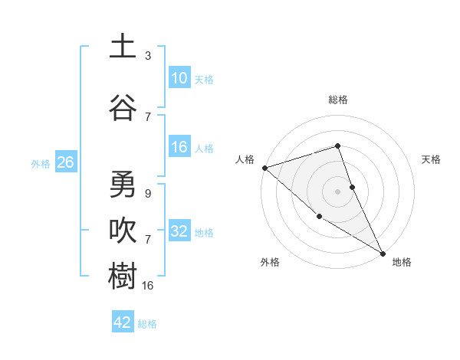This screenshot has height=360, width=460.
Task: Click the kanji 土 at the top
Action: point(123,47)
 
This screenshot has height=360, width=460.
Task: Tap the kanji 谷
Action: point(123,107)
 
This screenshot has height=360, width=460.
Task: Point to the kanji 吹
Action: point(123,230)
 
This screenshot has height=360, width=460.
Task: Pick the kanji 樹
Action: point(123,276)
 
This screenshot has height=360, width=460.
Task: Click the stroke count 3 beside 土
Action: point(148,55)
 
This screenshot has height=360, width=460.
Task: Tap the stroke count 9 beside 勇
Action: point(148,194)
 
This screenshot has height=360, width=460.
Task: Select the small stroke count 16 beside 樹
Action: point(149,285)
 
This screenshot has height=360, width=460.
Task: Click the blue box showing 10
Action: point(179,78)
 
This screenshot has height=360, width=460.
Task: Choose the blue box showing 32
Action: point(179,231)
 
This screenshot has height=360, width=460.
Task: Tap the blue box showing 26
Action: point(65,162)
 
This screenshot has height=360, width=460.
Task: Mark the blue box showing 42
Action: point(123,322)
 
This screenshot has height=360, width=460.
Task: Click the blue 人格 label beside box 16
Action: point(204,149)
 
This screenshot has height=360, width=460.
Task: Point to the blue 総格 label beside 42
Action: point(147,324)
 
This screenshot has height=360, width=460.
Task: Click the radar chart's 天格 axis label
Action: point(432,159)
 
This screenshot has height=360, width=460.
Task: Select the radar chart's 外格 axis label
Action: point(270,262)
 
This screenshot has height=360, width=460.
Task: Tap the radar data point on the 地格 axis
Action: point(383,253)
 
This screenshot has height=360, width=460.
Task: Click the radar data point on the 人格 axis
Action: point(264,167)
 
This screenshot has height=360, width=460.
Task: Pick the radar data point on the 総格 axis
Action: point(337,146)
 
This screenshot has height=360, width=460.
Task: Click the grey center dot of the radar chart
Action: point(337,191)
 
